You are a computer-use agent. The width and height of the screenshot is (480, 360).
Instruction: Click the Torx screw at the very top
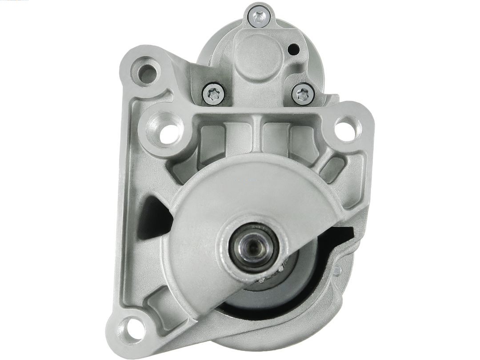(x=260, y=17)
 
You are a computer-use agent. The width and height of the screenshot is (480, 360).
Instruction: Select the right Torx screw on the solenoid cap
(x=303, y=94)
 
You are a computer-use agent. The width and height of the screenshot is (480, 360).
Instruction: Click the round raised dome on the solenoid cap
(x=258, y=56)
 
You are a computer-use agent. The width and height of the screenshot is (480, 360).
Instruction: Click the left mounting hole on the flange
(x=168, y=132)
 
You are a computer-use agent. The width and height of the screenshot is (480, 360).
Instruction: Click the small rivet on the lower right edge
(x=337, y=270)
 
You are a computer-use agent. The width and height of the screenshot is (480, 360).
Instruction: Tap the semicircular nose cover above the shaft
(x=249, y=191)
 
